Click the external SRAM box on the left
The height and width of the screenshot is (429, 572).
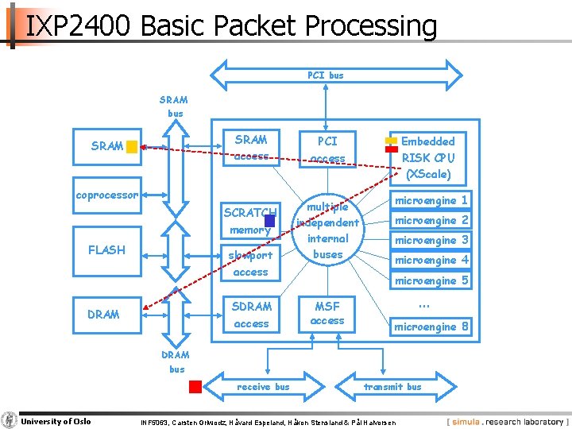tap(106, 146)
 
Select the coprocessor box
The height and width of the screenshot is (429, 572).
tap(106, 195)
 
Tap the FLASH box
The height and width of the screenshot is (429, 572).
tap(106, 249)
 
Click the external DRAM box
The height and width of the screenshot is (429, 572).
tap(106, 315)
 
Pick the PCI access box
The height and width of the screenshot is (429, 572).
tap(327, 149)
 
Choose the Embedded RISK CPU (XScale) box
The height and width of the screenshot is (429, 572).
tap(427, 157)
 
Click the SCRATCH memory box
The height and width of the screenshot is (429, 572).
tap(250, 221)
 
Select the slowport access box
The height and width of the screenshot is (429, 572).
tap(250, 263)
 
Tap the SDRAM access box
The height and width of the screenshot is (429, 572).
tap(250, 315)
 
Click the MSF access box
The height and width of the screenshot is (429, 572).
tap(327, 313)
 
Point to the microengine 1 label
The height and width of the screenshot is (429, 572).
tap(431, 200)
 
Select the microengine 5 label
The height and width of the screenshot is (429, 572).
tap(431, 280)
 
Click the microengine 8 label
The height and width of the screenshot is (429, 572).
tap(431, 327)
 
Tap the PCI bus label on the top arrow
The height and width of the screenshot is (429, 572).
tap(326, 75)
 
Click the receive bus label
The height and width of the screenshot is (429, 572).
tap(263, 387)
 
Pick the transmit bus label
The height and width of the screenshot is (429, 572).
tap(392, 387)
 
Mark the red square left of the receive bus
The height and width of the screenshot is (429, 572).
tap(195, 387)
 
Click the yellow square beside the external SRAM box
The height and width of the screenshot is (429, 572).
tap(132, 146)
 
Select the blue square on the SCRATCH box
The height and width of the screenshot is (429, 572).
tap(270, 220)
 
